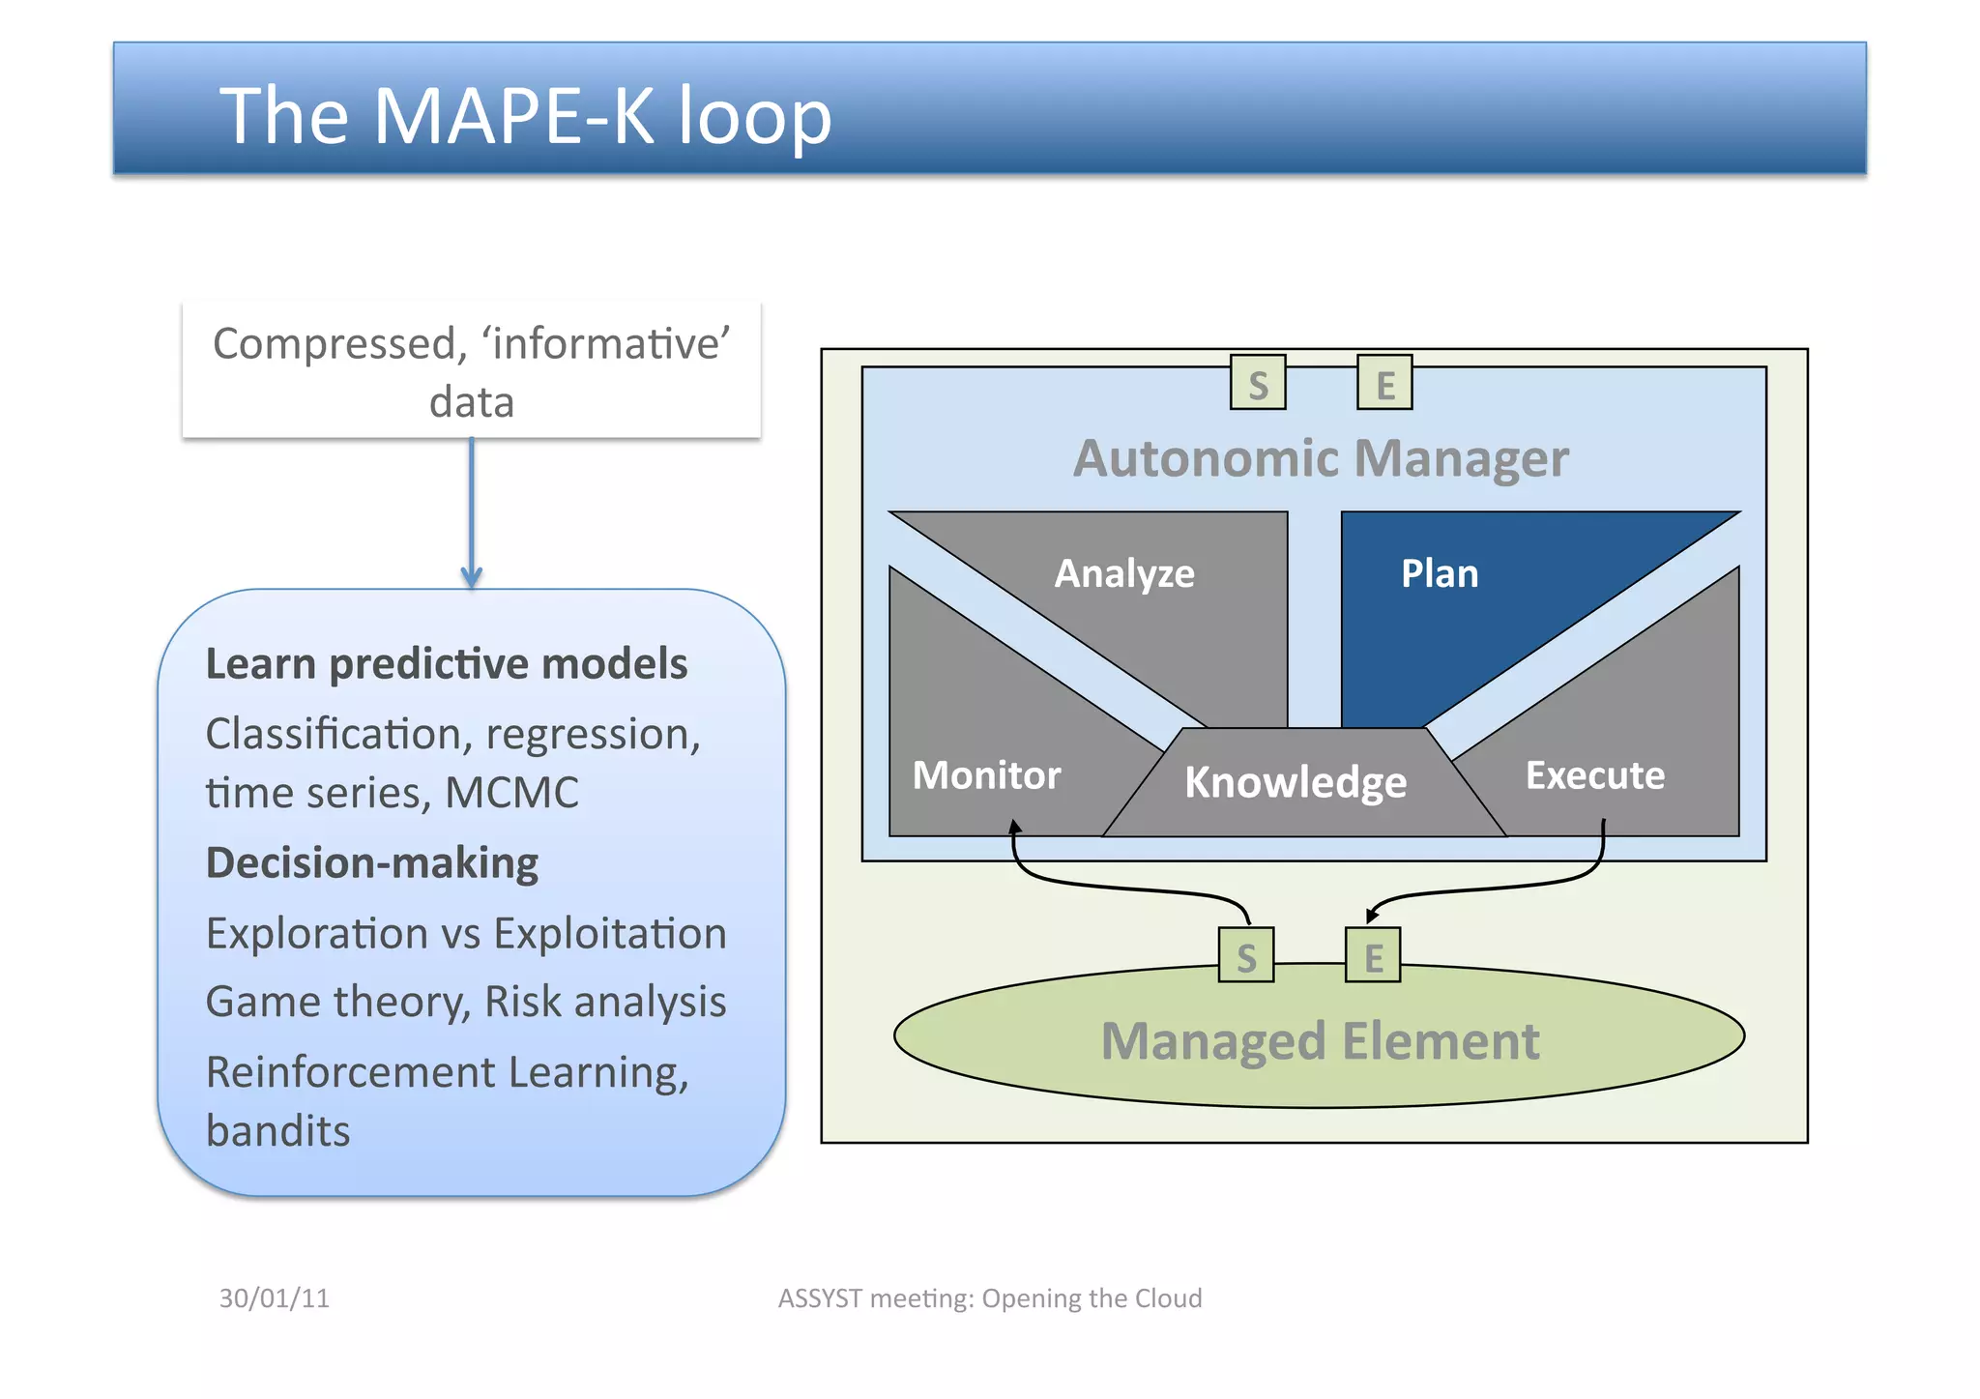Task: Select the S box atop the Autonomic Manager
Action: [x=1257, y=384]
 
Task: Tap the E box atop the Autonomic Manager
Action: [x=1384, y=384]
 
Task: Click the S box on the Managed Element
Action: [x=1246, y=956]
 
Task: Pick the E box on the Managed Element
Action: [x=1373, y=956]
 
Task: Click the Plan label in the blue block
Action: [x=1440, y=574]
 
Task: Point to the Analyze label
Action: [x=1124, y=574]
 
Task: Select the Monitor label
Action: [x=986, y=775]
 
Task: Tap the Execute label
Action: [x=1595, y=775]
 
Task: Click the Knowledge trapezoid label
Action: [x=1296, y=782]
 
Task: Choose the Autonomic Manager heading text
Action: [x=1321, y=458]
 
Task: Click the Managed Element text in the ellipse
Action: [x=1320, y=1042]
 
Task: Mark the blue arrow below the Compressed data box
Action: [x=472, y=512]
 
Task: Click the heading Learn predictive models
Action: [x=447, y=664]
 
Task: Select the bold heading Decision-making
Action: [x=372, y=863]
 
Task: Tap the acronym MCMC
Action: [x=511, y=793]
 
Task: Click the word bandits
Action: [x=278, y=1131]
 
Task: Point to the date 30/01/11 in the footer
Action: [x=275, y=1298]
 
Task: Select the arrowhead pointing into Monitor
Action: [x=1014, y=828]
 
